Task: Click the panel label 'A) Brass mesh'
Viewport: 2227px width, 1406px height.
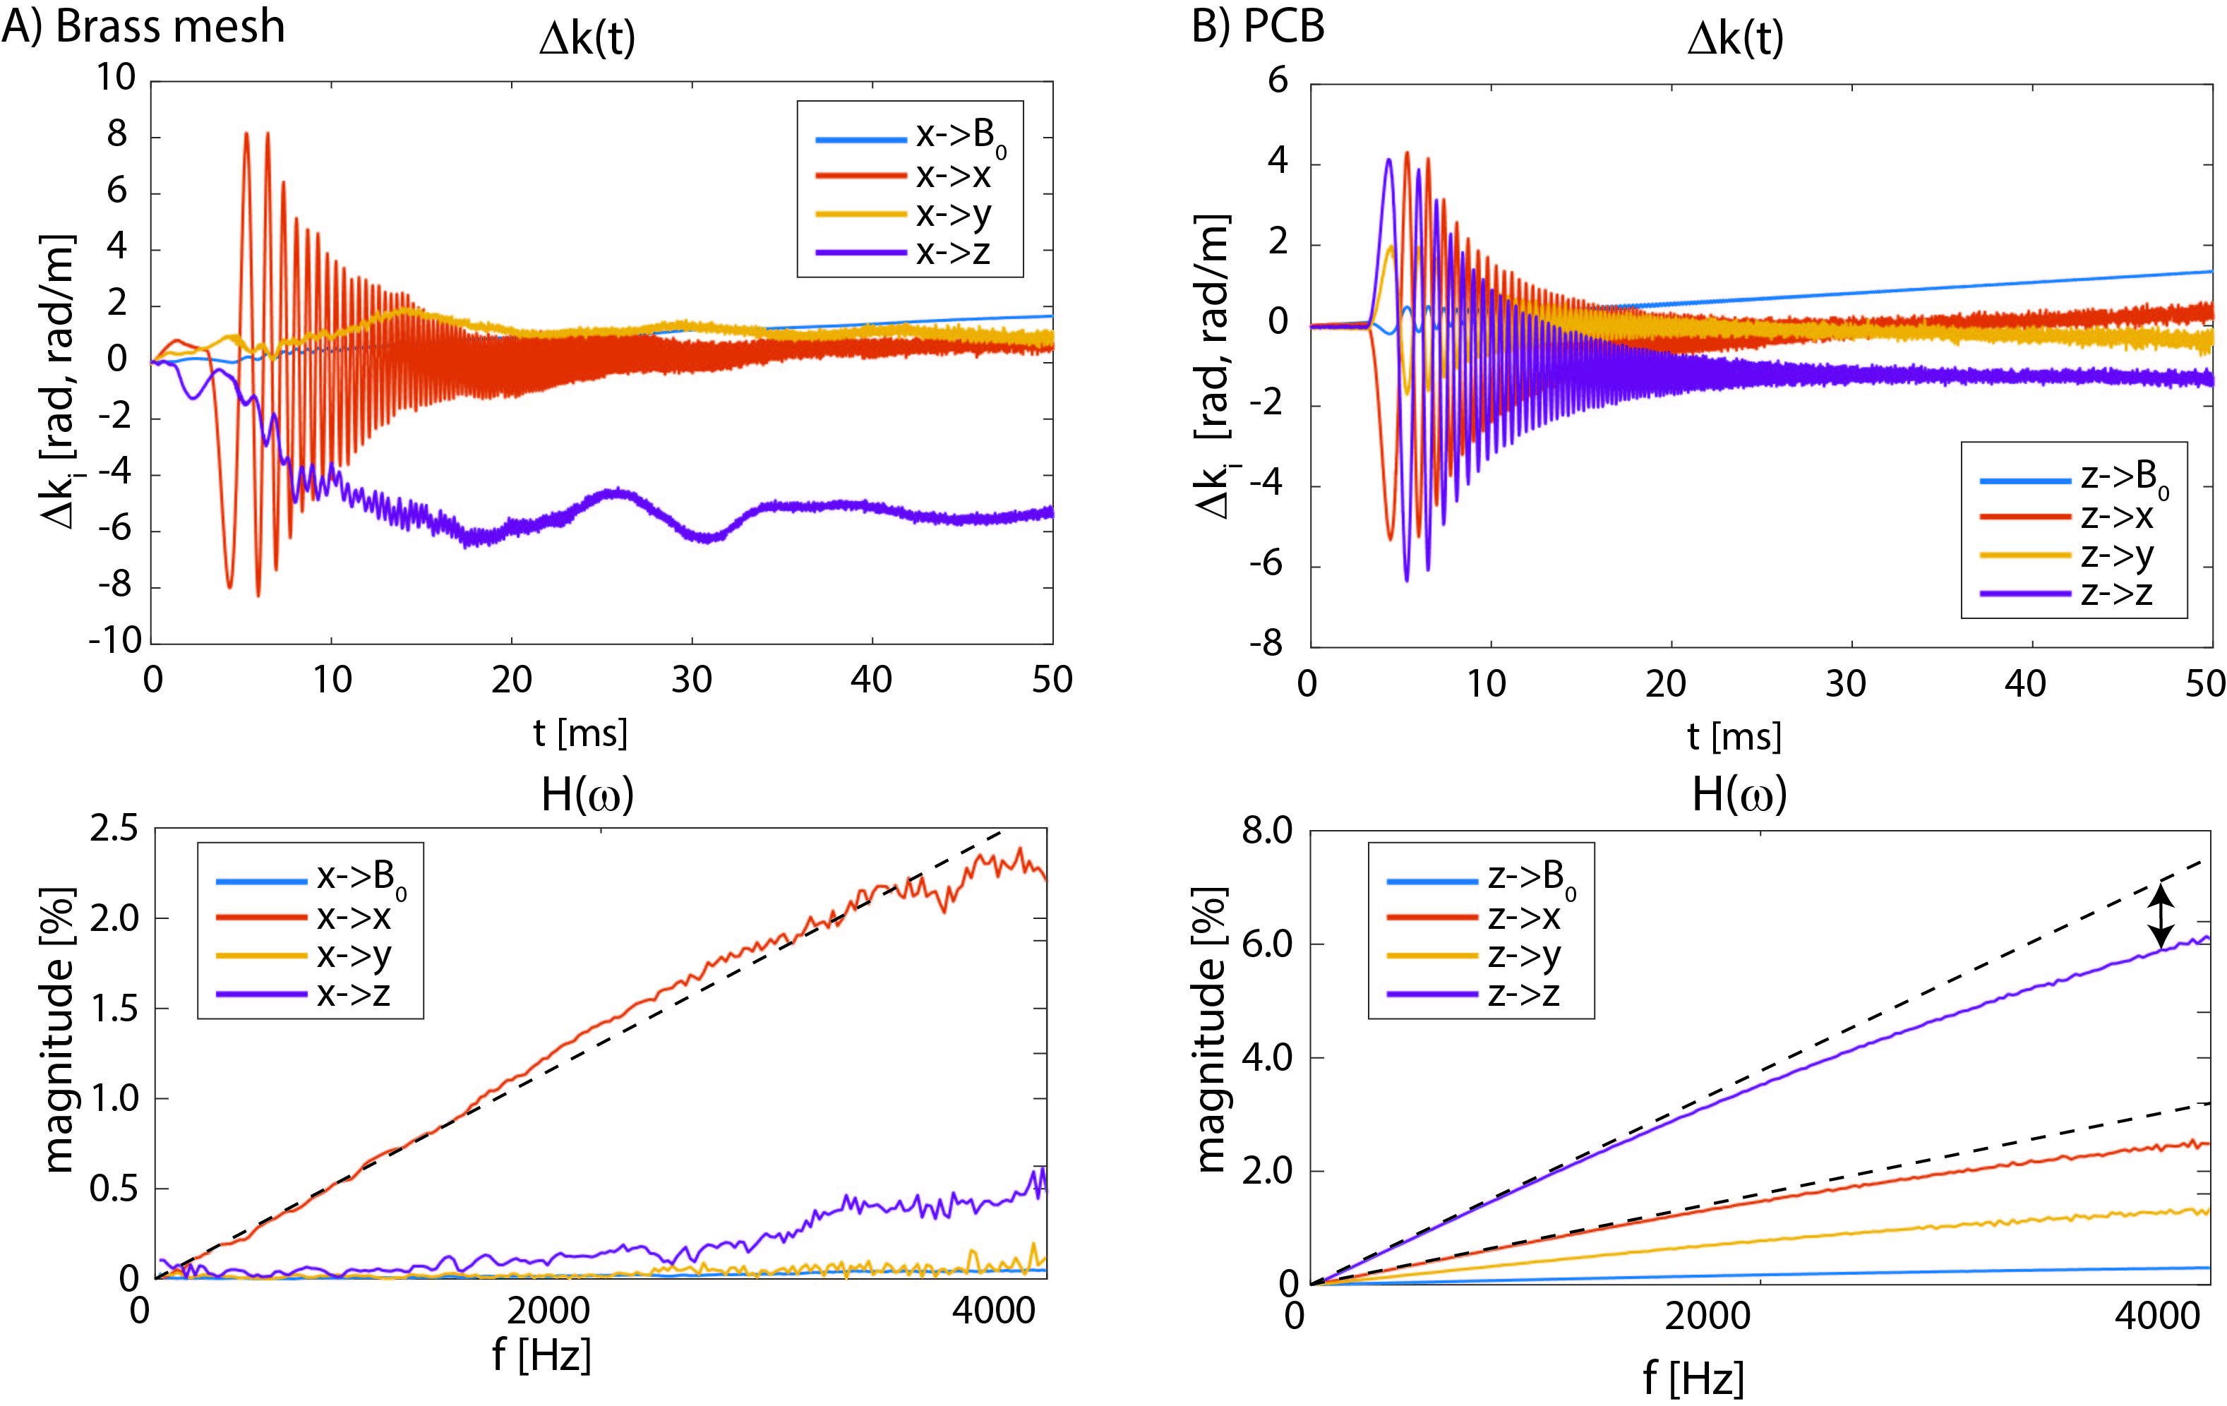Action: coord(143,26)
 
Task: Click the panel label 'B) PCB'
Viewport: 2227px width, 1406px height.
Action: coord(1258,26)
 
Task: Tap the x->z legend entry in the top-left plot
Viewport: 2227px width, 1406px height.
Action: coord(906,251)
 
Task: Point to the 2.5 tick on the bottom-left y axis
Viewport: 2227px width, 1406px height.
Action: coord(113,829)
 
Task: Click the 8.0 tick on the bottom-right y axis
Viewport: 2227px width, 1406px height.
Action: coord(1267,831)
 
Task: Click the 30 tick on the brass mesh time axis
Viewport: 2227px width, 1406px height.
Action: coord(691,680)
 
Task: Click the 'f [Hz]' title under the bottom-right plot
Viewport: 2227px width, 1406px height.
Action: coord(1693,1378)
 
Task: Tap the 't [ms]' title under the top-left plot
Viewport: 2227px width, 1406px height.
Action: coord(580,733)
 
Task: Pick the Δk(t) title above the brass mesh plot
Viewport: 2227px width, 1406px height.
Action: coord(587,39)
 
